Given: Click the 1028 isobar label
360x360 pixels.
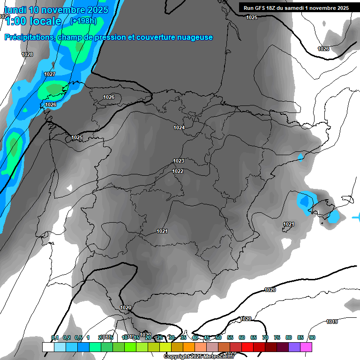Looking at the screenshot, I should pos(28,55).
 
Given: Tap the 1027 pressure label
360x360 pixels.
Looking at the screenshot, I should pos(50,75).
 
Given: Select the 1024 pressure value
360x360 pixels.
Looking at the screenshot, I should pos(179,127).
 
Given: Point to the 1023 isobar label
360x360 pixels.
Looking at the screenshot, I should pos(178,161).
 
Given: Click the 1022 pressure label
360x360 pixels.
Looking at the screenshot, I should pos(178,171).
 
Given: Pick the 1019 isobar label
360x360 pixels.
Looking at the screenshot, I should pos(332,322).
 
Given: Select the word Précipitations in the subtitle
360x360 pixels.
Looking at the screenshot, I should pos(29,37).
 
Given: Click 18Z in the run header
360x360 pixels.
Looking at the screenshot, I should pos(270,8).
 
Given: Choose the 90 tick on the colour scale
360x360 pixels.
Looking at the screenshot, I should pos(312,337).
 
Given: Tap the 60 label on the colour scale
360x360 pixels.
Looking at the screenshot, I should pos(242,337).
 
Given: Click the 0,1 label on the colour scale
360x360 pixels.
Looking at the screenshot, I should pos(55,337).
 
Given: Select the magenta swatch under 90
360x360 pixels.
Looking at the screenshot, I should pos(306,347).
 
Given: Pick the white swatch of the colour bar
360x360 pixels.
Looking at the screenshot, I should pos(48,347).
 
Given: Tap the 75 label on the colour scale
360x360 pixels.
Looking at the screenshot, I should pos(277,337).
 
